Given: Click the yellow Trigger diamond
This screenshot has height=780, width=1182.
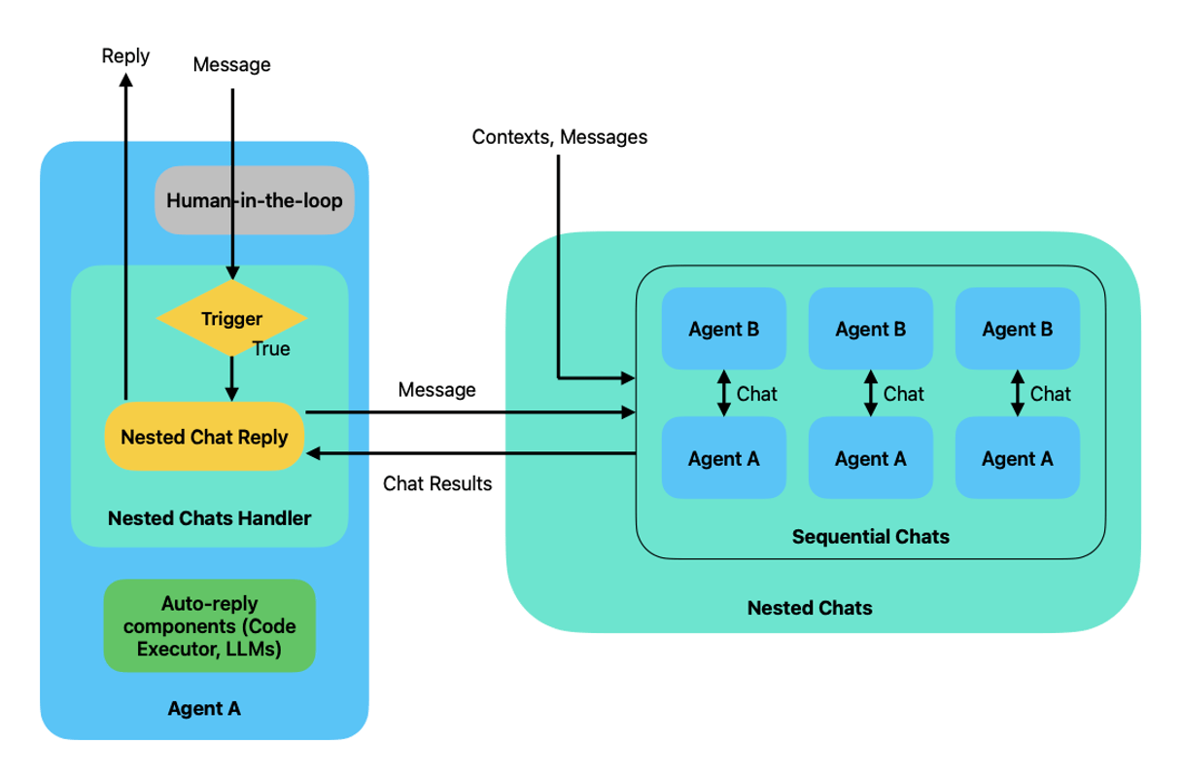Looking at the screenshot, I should [231, 318].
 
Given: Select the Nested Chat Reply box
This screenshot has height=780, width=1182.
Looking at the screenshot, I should [204, 437].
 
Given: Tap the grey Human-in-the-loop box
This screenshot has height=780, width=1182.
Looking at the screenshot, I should [255, 201].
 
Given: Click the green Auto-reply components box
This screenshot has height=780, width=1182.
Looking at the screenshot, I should [209, 625].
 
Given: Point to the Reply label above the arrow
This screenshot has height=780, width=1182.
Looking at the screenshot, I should [125, 55].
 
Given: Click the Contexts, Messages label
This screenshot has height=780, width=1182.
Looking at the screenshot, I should [559, 137].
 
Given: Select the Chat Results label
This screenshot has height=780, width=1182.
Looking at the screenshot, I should [437, 483].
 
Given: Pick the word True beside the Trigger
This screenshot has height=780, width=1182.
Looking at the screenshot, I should [271, 349].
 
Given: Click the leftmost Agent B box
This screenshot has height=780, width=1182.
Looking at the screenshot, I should [723, 329].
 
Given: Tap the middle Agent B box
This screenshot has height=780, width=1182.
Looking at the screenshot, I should [870, 329].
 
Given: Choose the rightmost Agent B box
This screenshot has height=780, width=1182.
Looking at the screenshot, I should [1017, 329].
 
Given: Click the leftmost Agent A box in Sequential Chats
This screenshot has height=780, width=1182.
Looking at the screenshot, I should [723, 458].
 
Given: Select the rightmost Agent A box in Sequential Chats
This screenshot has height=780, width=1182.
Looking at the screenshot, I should [1017, 458].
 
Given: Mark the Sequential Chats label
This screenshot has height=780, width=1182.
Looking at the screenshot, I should [871, 536].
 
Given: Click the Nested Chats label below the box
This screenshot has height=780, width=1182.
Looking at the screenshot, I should [810, 609].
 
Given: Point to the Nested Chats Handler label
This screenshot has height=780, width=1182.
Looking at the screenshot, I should [209, 517].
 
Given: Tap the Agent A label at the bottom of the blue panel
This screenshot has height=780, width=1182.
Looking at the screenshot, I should [204, 709].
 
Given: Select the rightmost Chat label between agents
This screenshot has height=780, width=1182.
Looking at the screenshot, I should [1051, 394].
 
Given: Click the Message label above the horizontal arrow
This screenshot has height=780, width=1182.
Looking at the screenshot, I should [437, 390].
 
